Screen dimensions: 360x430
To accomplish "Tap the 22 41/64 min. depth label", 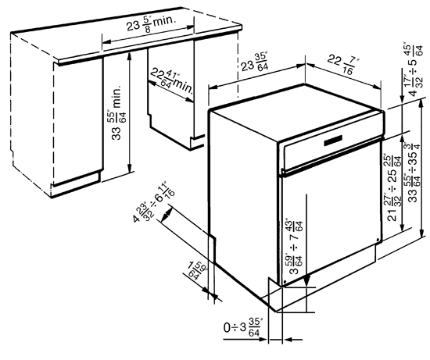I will tap(171, 80).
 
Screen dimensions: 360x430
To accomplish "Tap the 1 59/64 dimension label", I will tap(195, 273).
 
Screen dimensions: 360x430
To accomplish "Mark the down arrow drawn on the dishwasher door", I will tap(307, 234).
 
